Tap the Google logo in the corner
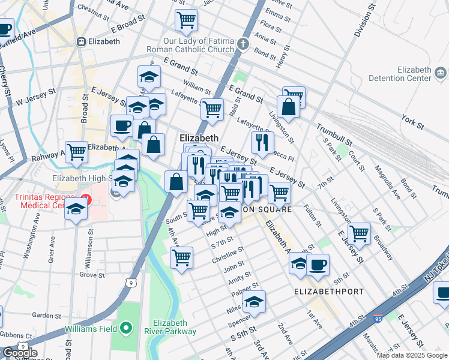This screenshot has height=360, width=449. (x=20, y=353)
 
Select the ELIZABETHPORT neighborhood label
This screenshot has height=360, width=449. (x=329, y=292)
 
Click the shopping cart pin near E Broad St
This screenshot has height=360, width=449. (x=187, y=19)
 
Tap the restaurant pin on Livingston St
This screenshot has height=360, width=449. (x=262, y=142)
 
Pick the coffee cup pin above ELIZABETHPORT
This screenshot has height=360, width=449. (x=318, y=264)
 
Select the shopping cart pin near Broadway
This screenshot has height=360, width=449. (x=359, y=233)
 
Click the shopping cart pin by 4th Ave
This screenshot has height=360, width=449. (x=181, y=257)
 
